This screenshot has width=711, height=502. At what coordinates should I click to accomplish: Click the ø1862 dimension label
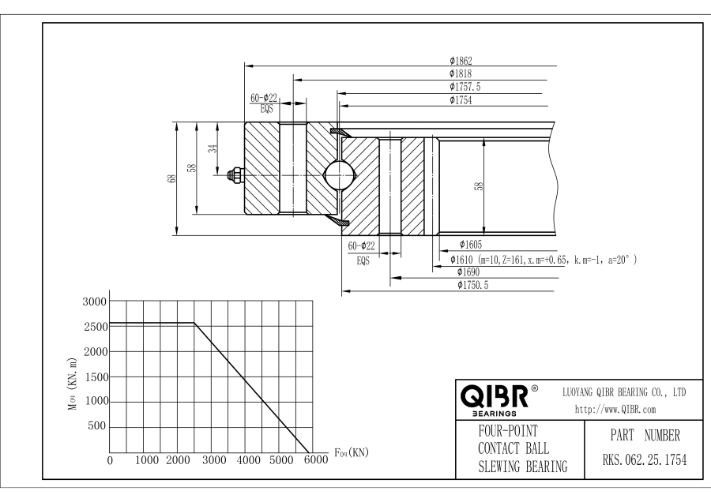(x=461, y=60)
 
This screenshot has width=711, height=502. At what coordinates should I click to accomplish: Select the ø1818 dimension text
(x=461, y=73)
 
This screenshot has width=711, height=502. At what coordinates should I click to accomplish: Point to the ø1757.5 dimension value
(x=465, y=87)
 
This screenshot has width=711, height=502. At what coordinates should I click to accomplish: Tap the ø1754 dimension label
(x=461, y=100)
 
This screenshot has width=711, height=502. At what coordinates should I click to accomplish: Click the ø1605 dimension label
(x=460, y=245)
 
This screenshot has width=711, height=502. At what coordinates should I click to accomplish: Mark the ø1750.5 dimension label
(x=473, y=285)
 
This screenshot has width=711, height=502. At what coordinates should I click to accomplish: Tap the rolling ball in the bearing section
(x=339, y=172)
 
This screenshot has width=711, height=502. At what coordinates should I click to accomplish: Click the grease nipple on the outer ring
(x=235, y=174)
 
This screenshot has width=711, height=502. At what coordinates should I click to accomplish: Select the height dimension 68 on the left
(x=171, y=178)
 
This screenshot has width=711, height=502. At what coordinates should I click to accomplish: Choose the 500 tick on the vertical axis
(x=97, y=427)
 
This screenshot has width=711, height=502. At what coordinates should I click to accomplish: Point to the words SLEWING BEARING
(x=522, y=466)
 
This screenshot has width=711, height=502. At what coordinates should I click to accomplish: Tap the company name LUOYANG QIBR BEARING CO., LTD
(x=623, y=392)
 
